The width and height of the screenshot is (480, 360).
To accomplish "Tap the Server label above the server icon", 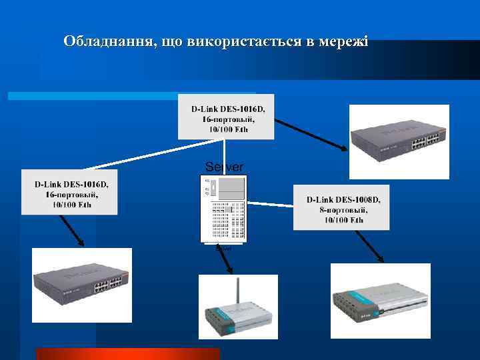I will [x=224, y=166].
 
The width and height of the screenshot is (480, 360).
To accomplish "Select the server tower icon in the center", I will [x=224, y=209].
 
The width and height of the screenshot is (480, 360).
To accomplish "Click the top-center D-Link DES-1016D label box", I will [x=226, y=118].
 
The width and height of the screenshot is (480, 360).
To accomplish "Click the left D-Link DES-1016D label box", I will [x=69, y=193].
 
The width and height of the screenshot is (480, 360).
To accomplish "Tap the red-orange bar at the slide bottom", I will [x=127, y=354].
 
